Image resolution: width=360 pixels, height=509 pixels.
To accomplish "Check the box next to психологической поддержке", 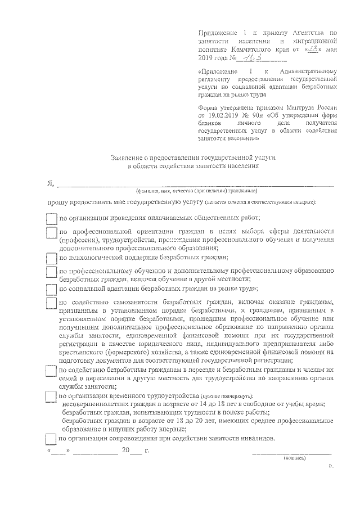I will pos(51,258).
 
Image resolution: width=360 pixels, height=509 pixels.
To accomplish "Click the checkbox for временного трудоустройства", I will pos(51,397).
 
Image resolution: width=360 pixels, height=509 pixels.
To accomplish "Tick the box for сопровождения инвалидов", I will pos(51,438).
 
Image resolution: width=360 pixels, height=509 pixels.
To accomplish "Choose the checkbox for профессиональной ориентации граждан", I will pos(51,233).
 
